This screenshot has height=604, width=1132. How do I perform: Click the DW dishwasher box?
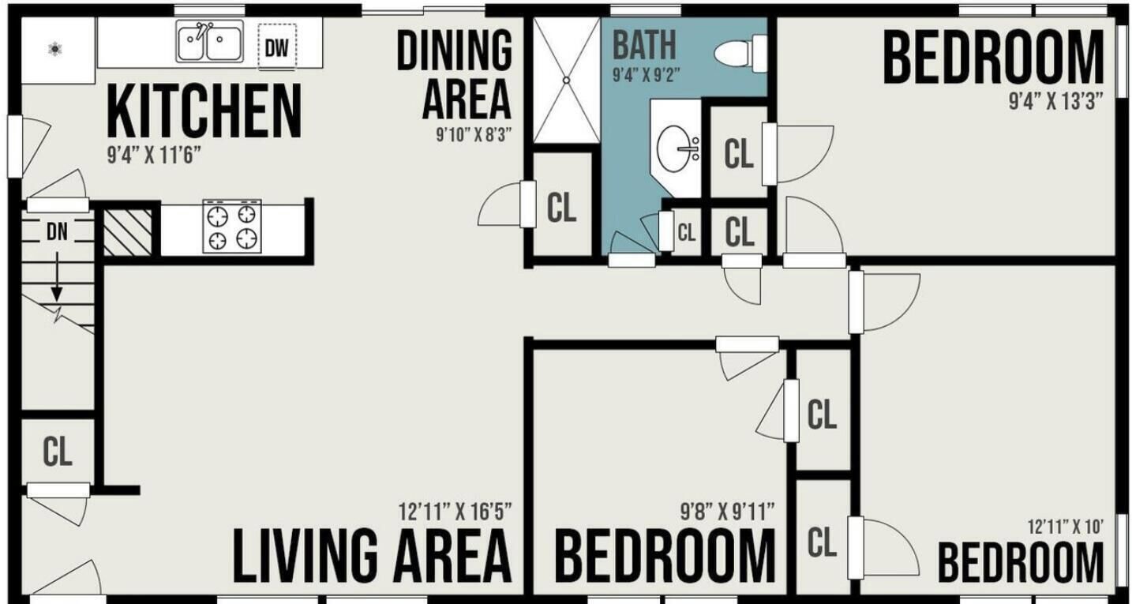(x=277, y=47)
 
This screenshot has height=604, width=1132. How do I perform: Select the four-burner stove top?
(x=232, y=226)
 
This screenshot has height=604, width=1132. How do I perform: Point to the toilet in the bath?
(x=741, y=53)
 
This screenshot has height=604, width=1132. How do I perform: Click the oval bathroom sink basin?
(x=673, y=149)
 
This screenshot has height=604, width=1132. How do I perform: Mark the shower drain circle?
(x=567, y=80)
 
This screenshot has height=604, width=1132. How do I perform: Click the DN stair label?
(x=57, y=232)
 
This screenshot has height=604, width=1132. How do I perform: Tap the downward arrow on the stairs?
(x=57, y=276)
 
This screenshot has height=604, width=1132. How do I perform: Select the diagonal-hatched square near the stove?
(x=127, y=232)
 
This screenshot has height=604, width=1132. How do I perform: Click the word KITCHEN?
(x=204, y=111)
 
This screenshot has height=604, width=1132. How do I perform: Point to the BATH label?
(x=644, y=46)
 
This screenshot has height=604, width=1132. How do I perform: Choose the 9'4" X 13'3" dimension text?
(x=1055, y=101)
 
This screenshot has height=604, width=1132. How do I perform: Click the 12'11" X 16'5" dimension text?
(x=455, y=512)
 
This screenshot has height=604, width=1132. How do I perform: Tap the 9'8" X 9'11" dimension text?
(x=727, y=512)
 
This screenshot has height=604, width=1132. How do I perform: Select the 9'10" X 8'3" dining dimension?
(x=474, y=135)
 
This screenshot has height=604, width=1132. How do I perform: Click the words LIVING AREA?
(x=372, y=554)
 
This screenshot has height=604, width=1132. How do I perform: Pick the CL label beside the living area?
(x=58, y=452)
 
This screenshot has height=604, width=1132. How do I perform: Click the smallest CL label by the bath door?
(x=686, y=233)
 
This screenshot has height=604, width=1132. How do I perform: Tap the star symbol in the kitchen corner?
(x=55, y=49)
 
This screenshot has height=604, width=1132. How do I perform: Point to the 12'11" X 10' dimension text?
(x=1066, y=527)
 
